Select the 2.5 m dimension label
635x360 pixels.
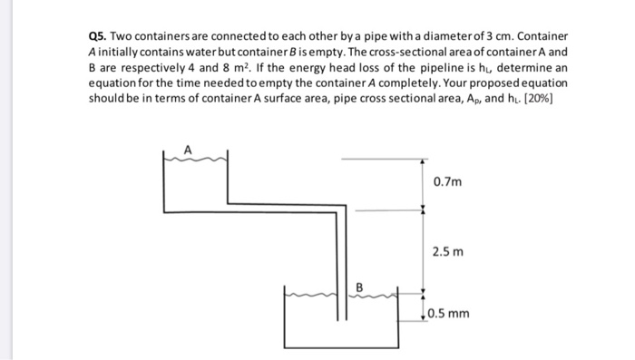point(448,251)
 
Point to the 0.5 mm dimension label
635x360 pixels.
point(451,314)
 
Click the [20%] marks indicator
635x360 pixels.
point(538,102)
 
